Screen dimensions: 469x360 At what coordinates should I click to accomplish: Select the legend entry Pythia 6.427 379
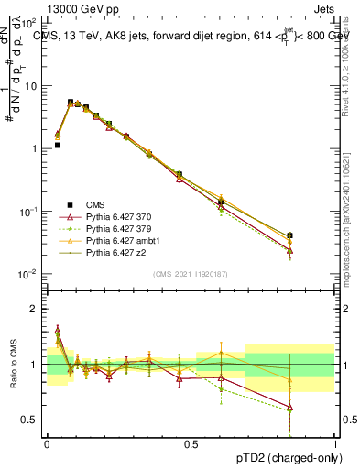115,228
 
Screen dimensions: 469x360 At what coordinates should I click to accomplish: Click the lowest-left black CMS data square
57,145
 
